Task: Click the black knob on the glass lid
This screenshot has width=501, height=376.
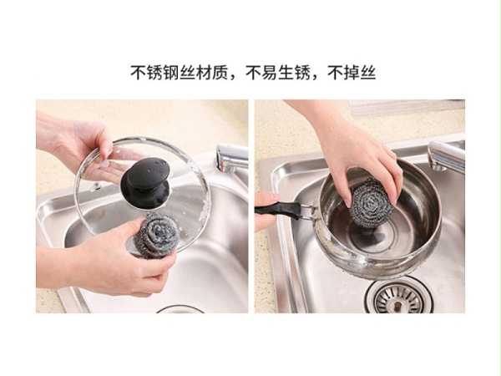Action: (x=145, y=182)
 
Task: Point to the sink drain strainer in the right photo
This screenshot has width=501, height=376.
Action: (x=399, y=297)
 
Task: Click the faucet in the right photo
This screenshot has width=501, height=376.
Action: (x=446, y=156)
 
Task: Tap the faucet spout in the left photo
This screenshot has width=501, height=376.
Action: (x=232, y=158)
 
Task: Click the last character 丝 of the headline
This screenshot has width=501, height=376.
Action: (x=368, y=74)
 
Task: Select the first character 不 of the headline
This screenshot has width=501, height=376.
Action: (x=139, y=74)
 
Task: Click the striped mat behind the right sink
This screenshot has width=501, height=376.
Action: (x=406, y=108)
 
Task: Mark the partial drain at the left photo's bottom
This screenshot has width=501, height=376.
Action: (x=180, y=309)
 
